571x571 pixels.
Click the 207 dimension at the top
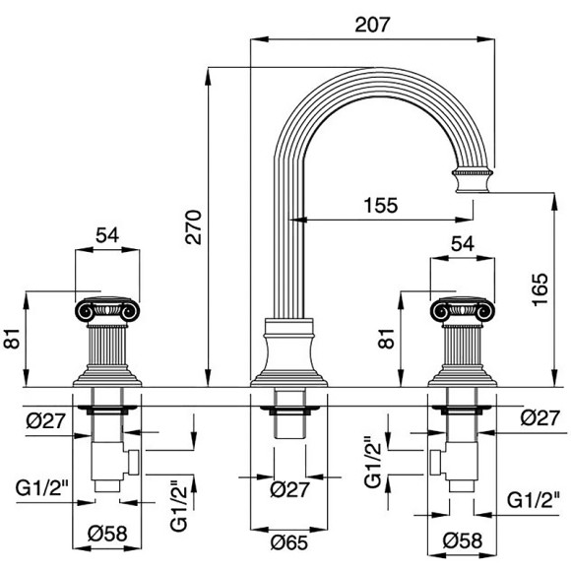click(x=372, y=25)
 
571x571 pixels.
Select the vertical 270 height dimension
click(x=193, y=226)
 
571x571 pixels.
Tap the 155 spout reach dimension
click(x=381, y=206)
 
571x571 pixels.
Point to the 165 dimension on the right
click(x=540, y=289)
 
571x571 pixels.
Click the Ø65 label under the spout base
click(x=289, y=542)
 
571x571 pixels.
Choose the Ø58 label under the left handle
click(x=107, y=534)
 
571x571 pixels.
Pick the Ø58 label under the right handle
click(x=463, y=540)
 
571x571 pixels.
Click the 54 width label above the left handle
click(x=107, y=235)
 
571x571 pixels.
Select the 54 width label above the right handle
click(x=463, y=243)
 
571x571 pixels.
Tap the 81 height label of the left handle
click(x=12, y=339)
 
